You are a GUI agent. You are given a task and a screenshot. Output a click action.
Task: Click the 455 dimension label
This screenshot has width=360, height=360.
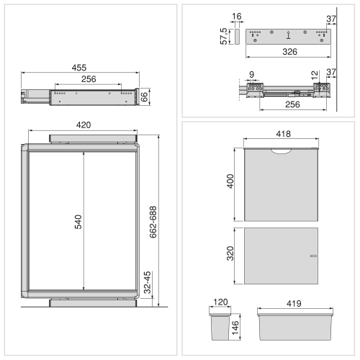point(79,68)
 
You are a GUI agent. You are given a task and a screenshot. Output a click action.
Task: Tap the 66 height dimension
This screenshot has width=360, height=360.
point(144,97)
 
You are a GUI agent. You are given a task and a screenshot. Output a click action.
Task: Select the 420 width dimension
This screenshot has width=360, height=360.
point(84,125)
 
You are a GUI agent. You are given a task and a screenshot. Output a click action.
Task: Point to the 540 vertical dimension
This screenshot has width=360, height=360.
point(78,222)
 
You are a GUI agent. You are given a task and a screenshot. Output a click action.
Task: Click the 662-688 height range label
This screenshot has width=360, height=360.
point(153,222)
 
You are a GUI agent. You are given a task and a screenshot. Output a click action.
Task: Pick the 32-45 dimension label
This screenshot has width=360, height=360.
point(148,282)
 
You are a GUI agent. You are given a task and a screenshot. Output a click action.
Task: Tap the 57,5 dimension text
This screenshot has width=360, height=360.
point(223,36)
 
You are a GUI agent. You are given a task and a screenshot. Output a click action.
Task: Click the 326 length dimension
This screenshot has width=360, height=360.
point(289,52)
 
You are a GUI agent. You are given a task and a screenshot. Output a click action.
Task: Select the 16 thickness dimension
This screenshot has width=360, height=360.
point(237,17)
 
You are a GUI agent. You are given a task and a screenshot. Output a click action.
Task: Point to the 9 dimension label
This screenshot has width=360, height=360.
point(251,74)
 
